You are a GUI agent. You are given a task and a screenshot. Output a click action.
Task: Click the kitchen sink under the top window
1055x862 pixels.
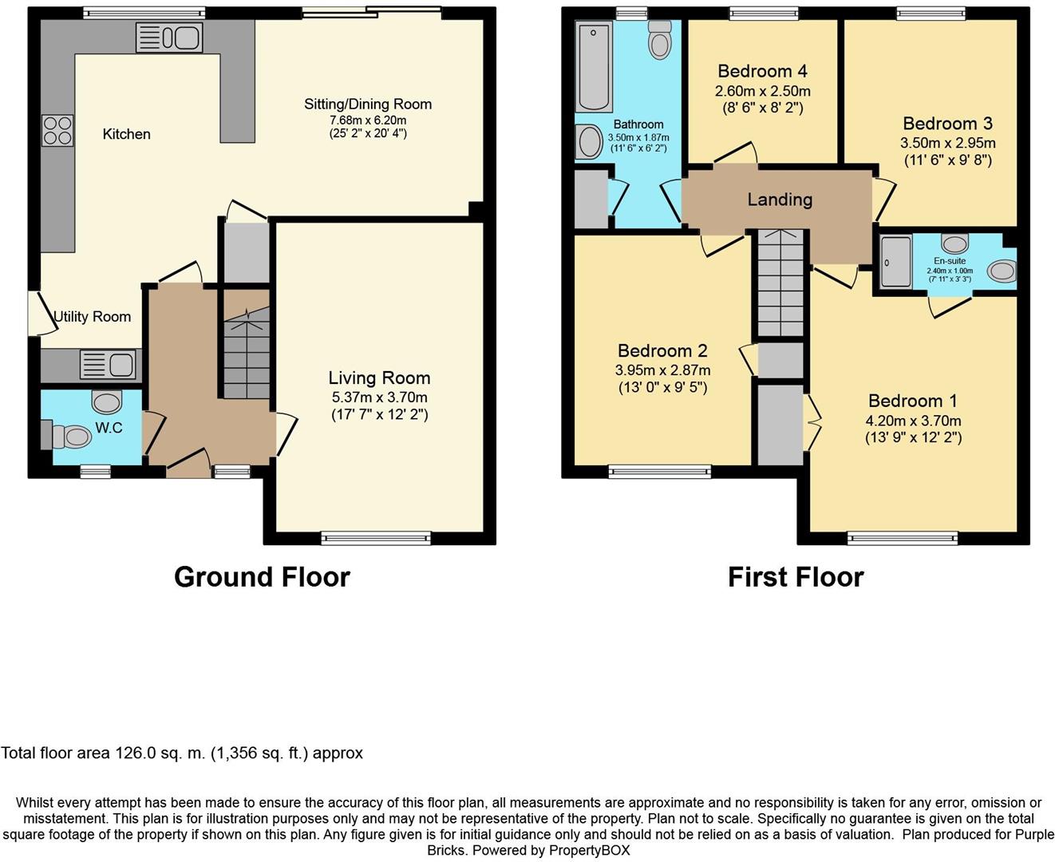point(169,38)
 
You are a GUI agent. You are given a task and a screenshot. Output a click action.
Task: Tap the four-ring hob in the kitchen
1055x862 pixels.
point(57,130)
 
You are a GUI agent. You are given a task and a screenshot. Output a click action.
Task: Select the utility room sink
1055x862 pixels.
point(108,364)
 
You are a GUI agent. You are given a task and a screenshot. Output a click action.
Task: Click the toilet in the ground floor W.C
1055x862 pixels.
point(72,437)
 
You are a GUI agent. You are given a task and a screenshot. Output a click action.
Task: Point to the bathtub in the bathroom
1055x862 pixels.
point(594,66)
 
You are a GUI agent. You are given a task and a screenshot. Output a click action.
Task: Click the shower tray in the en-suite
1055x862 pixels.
point(895,262)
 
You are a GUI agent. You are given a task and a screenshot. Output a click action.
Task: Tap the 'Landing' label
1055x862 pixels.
point(780,200)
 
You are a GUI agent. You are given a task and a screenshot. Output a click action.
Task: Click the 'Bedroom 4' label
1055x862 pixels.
point(762,71)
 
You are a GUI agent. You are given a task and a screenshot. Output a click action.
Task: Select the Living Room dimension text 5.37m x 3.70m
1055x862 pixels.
point(379,397)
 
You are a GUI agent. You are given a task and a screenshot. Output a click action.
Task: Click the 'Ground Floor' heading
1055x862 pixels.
point(262,577)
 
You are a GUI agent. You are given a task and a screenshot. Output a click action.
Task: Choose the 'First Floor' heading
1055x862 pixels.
point(796,577)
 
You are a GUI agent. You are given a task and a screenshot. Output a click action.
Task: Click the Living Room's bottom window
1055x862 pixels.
point(376,538)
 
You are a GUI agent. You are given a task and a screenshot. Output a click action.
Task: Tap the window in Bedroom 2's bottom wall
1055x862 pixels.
point(660,471)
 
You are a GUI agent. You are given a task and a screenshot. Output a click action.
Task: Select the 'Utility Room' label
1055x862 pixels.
point(92,317)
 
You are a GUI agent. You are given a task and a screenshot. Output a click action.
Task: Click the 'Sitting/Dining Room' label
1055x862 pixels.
point(368,104)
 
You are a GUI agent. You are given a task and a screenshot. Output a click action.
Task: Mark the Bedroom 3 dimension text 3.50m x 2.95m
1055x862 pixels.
point(947,143)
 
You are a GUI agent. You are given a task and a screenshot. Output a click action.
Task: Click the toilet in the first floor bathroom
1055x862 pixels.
point(660,40)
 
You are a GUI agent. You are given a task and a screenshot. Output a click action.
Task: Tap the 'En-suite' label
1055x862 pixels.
point(950,261)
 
